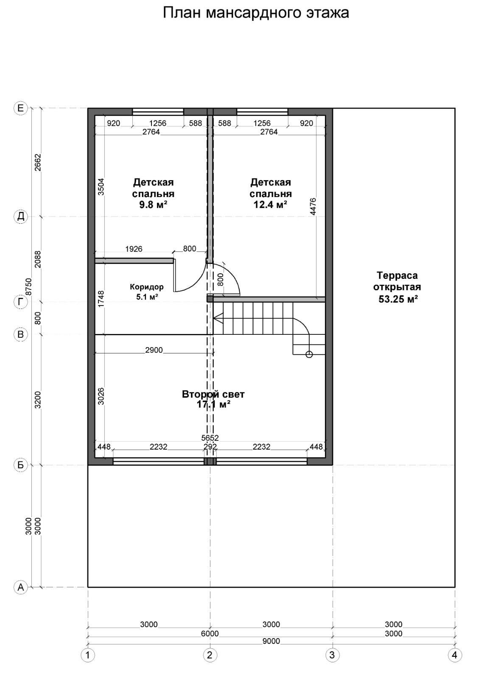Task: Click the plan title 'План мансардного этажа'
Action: [256, 13]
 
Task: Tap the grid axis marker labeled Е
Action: [21, 108]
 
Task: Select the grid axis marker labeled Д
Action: [21, 217]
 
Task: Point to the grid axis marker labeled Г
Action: [21, 302]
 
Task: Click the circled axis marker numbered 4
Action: [454, 664]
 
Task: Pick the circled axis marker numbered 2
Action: [210, 664]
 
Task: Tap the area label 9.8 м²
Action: [153, 205]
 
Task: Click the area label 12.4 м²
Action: [270, 205]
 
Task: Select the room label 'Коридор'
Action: [147, 286]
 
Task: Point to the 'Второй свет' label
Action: [213, 394]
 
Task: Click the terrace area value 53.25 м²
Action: [398, 299]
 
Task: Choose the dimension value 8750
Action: [29, 287]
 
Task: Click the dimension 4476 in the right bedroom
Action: [313, 206]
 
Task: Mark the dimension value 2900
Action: [154, 350]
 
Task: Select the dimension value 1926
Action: [134, 249]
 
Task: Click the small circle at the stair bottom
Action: [309, 354]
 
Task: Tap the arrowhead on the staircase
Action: [218, 318]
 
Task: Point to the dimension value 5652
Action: [210, 438]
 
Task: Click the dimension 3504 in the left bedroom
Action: [101, 187]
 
